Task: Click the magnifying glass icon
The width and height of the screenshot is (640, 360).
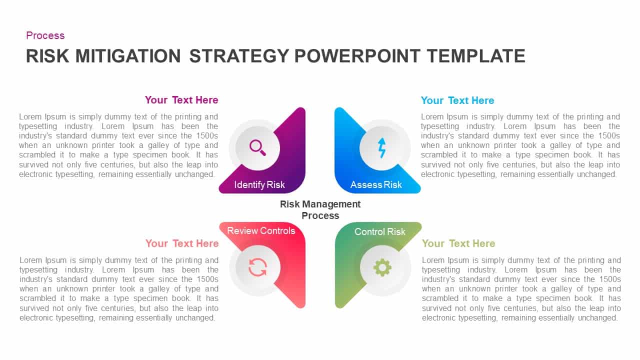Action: [x=257, y=147]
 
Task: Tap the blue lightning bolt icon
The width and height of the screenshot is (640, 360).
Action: [x=382, y=148]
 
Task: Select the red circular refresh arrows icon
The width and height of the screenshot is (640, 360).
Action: [x=257, y=267]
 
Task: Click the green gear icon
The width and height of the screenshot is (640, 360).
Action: [x=382, y=267]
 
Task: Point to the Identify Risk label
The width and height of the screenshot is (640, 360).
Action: [x=259, y=185]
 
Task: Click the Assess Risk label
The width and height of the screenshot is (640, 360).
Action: [x=376, y=185]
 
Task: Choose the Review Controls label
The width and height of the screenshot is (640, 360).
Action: [x=261, y=230]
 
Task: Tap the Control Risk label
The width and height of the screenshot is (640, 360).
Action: [x=380, y=231]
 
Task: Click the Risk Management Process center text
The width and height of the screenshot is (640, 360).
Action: [x=320, y=210]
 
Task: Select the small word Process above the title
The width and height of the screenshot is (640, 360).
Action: [x=45, y=35]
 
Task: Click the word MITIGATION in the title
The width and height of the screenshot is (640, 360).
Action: [x=127, y=56]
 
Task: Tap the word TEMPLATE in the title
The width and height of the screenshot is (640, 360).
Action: [x=476, y=56]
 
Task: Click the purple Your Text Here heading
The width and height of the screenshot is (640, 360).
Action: [x=181, y=100]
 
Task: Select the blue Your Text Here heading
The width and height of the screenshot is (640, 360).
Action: [x=457, y=100]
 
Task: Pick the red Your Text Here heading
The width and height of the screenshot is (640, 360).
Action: [x=182, y=243]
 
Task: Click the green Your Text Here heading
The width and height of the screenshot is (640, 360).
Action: [x=458, y=243]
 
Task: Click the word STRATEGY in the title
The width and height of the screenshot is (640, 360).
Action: [x=239, y=56]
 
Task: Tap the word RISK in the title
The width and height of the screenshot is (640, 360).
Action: [x=48, y=56]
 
